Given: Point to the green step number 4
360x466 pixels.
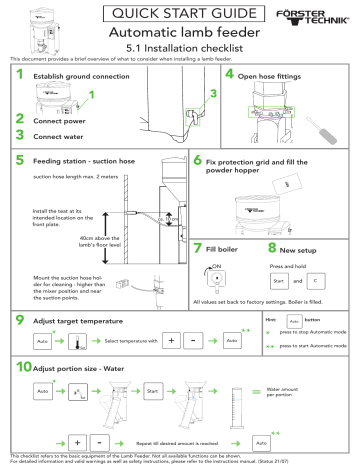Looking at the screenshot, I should coord(230,75).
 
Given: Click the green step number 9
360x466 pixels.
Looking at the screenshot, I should coord(21,320).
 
